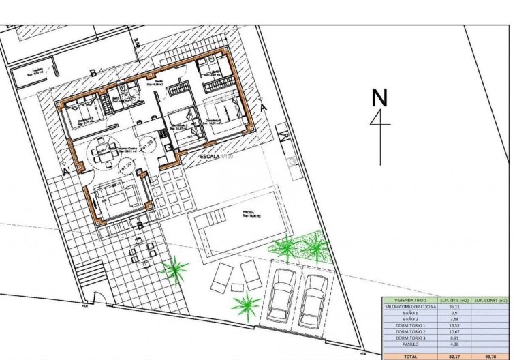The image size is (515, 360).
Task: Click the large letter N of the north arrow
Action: [x=379, y=98]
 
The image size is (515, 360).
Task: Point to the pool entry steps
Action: [x=209, y=221]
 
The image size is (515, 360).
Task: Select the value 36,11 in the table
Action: [x=452, y=307]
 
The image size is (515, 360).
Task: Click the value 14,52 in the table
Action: [x=452, y=326]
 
